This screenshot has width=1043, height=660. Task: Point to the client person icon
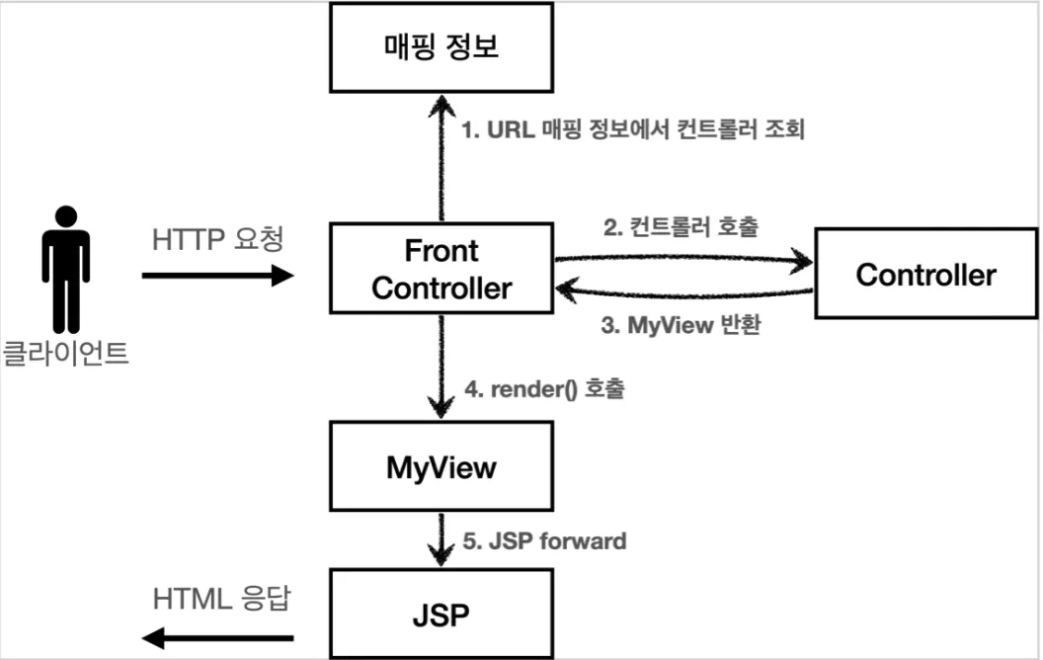[x=66, y=270]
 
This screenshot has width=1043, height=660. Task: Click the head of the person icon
[x=66, y=216]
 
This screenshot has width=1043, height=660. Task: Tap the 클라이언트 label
[x=65, y=353]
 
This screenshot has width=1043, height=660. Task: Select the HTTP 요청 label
[x=217, y=239]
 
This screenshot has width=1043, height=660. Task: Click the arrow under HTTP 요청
[x=217, y=275]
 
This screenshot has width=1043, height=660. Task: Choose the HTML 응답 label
[x=221, y=599]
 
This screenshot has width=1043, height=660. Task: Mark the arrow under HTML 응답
[x=217, y=638]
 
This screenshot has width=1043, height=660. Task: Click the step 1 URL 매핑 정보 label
[x=633, y=129]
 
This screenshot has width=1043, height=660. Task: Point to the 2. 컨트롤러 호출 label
[x=681, y=227]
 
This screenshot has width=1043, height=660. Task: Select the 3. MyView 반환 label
[x=682, y=325]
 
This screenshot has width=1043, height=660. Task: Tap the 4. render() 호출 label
[x=544, y=388]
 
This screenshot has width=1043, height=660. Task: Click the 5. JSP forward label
[x=544, y=540]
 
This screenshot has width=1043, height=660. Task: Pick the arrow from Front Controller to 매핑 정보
[x=441, y=158]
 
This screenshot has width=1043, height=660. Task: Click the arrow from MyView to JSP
[x=441, y=538]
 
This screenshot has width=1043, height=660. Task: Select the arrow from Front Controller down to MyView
[x=441, y=367]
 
